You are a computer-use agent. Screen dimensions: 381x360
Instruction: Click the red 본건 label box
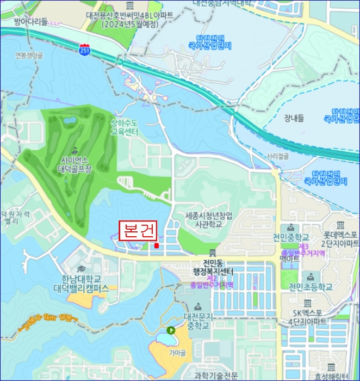(x=138, y=231)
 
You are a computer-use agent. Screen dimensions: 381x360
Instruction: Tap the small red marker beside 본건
(x=157, y=245)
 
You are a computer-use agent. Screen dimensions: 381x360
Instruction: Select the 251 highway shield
(x=85, y=51)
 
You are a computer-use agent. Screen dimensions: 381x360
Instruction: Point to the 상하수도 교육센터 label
(x=125, y=127)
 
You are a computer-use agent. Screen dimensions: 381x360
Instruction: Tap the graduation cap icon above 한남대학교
(x=82, y=269)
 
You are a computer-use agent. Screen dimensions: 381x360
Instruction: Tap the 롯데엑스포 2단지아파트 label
(x=340, y=238)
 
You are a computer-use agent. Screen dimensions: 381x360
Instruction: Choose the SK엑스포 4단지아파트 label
(x=308, y=317)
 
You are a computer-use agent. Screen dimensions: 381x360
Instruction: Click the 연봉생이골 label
(x=29, y=55)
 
